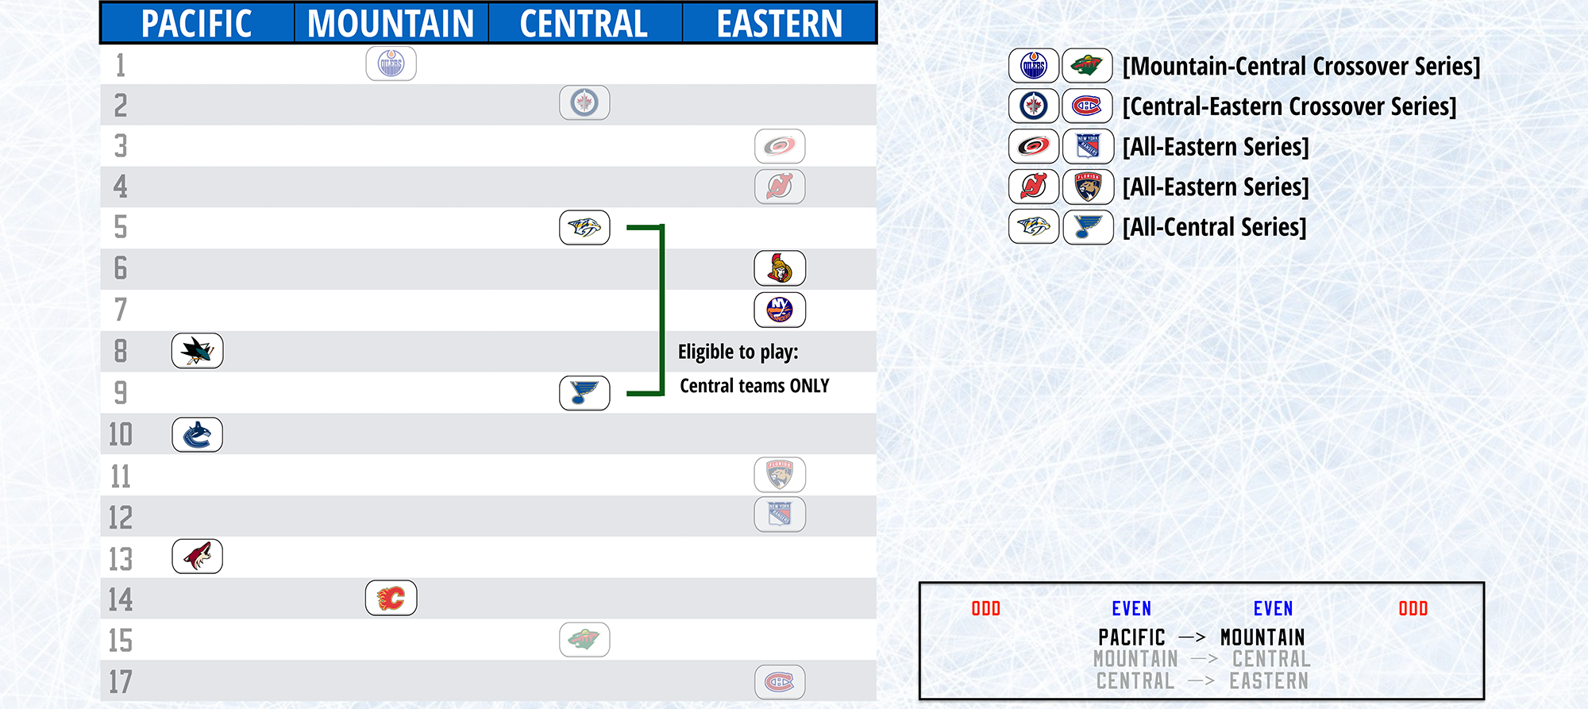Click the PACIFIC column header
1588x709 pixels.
(x=196, y=24)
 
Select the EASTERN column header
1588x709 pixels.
(x=779, y=24)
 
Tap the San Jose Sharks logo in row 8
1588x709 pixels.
(x=197, y=351)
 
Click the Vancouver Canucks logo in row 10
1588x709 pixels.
(x=197, y=435)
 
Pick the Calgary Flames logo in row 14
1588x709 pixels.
(x=391, y=598)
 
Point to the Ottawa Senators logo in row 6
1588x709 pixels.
(x=780, y=268)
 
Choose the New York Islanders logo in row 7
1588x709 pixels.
(x=780, y=310)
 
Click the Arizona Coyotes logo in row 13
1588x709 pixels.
(x=197, y=557)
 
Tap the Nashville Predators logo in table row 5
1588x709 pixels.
(x=584, y=228)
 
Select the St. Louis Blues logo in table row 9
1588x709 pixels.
(x=584, y=393)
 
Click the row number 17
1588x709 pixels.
(x=121, y=682)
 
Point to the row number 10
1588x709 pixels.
(x=121, y=434)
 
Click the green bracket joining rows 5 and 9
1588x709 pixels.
(x=661, y=310)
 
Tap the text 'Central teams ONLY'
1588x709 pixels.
(x=754, y=386)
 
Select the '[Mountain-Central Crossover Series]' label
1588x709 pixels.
(x=1301, y=67)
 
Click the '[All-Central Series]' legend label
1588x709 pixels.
(x=1214, y=227)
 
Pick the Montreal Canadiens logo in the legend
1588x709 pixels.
(x=1088, y=106)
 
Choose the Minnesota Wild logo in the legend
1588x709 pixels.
(x=1088, y=66)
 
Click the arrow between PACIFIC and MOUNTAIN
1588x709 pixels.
(x=1192, y=637)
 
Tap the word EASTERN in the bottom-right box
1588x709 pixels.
(x=1269, y=681)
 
